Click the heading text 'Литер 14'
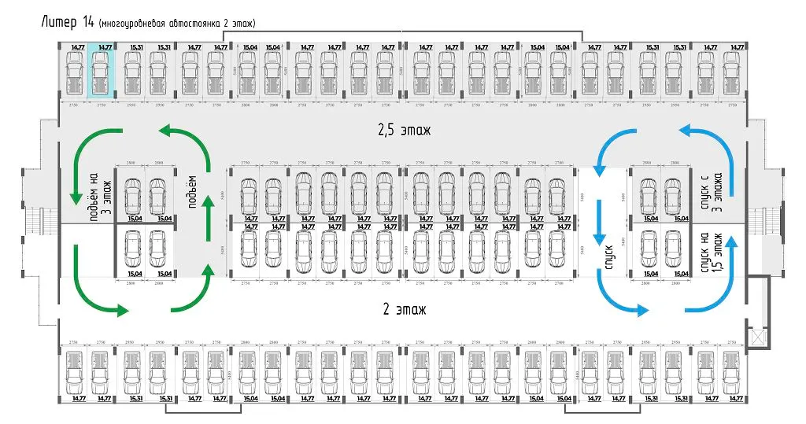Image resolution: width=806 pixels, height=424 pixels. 67,21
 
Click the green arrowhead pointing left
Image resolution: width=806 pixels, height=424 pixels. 164,129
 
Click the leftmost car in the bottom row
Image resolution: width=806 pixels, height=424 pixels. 74,372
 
